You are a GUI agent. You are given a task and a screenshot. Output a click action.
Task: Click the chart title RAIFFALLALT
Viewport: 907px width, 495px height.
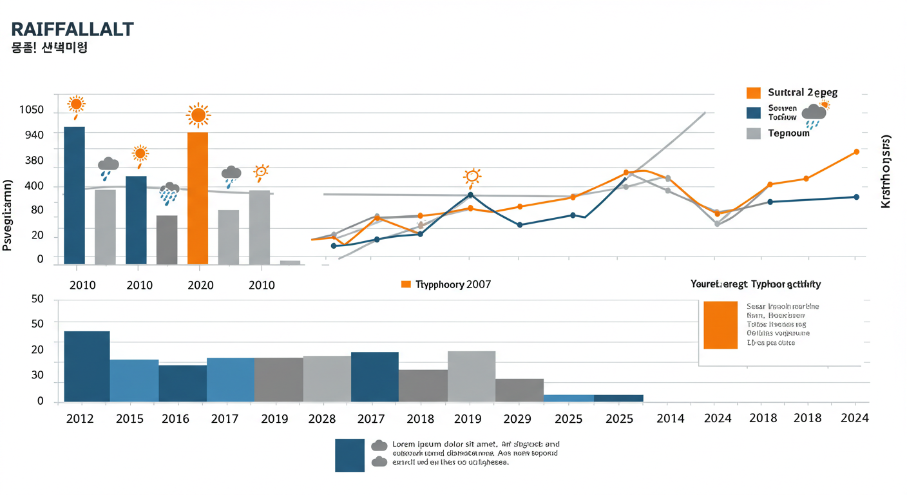[73, 29]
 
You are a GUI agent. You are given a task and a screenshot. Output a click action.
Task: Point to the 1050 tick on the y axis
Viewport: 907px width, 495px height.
[32, 110]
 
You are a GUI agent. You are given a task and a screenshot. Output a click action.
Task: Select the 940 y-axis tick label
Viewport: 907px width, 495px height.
[32, 135]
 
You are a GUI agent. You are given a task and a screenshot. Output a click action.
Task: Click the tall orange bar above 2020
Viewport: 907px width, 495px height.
[198, 198]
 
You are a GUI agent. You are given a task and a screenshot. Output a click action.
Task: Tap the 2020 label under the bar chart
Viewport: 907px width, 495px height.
[200, 285]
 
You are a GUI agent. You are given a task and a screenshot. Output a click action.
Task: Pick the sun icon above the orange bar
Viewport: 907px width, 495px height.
[198, 115]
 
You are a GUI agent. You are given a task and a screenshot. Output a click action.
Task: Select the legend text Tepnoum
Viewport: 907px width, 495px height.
[788, 133]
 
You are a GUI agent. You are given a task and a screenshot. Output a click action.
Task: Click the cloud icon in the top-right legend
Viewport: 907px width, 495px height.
[814, 113]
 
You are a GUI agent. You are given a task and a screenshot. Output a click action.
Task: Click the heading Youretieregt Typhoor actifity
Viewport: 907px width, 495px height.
[756, 284]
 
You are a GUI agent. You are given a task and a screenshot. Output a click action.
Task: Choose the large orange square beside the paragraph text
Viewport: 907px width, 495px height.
[720, 325]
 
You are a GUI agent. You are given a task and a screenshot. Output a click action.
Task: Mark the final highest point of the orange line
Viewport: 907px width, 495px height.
[856, 152]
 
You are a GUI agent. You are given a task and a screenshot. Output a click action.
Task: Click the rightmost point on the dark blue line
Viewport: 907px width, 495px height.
[856, 197]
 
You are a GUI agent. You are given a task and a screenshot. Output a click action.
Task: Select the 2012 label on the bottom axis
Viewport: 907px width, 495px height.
[81, 419]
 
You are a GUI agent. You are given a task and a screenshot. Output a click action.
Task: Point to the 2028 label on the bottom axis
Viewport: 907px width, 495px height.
[322, 419]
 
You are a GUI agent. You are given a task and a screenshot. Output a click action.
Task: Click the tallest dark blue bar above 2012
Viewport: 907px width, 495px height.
[87, 366]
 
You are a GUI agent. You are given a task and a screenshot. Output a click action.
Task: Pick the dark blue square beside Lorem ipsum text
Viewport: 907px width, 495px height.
[350, 455]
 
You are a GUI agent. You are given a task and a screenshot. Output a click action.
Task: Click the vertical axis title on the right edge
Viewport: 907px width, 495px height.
[886, 171]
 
